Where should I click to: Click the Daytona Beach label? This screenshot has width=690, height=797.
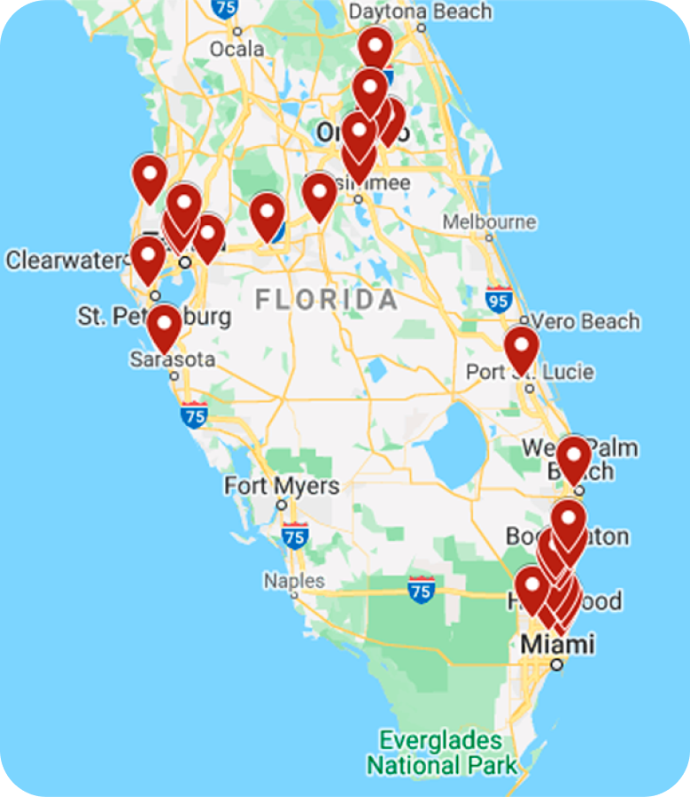click(420, 12)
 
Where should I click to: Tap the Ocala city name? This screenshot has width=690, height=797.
click(236, 49)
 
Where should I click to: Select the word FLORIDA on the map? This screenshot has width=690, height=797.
click(327, 299)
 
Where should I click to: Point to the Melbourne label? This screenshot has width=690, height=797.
click(489, 221)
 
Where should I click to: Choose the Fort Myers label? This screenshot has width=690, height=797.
click(281, 486)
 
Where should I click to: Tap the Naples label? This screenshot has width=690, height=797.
click(293, 581)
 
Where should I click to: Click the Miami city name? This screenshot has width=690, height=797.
click(557, 644)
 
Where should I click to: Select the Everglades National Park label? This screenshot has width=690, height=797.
click(441, 752)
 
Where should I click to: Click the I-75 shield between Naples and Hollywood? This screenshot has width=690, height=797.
click(422, 589)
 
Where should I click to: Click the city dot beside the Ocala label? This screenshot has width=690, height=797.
click(236, 31)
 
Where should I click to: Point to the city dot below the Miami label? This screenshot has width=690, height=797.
click(556, 663)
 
